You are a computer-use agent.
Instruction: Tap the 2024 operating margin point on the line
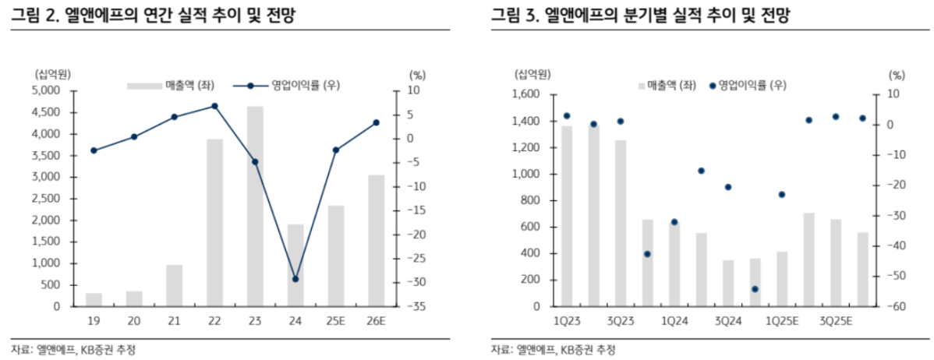click(295, 279)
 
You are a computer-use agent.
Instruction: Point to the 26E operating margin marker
click(376, 122)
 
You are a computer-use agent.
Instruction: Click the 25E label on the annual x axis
click(336, 321)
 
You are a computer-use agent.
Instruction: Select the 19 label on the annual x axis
click(94, 321)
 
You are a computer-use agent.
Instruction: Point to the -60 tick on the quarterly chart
click(895, 307)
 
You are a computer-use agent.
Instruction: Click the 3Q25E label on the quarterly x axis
click(835, 321)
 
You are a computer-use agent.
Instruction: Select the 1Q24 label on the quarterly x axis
click(674, 321)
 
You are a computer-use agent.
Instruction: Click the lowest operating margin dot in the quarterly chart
click(755, 289)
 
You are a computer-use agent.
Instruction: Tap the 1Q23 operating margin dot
click(567, 116)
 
